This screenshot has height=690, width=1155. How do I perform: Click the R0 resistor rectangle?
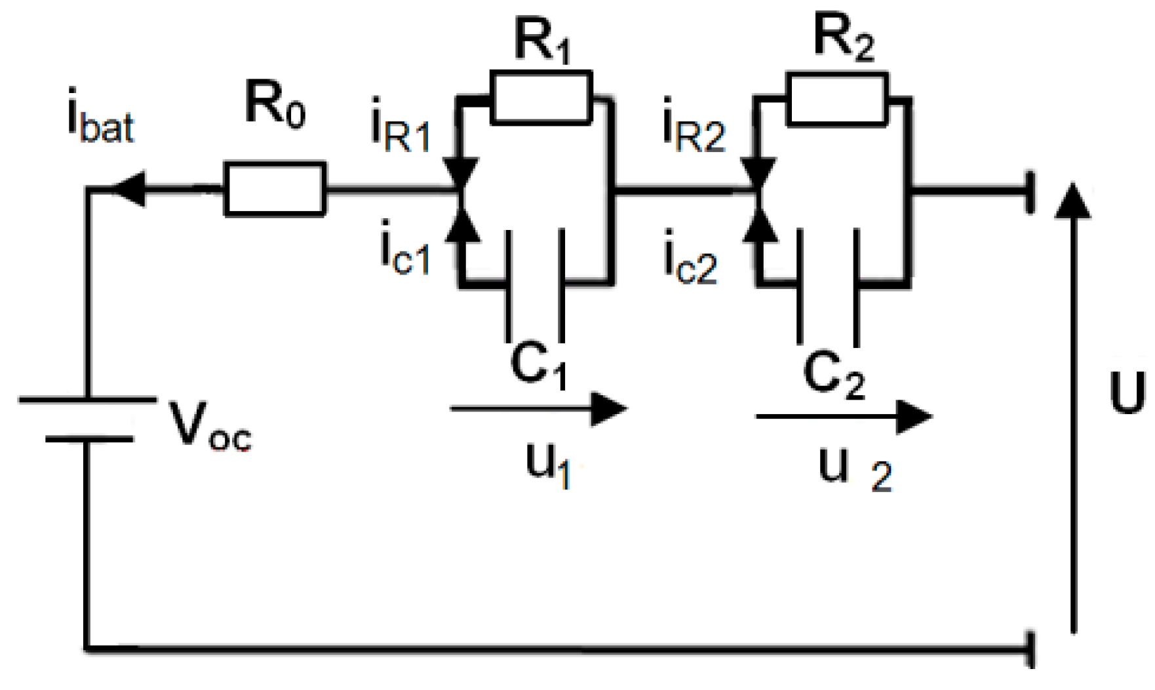(x=275, y=189)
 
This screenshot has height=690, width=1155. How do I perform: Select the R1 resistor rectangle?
(x=541, y=98)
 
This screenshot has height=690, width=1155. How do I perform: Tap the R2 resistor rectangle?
(x=837, y=98)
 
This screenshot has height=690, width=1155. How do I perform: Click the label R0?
(x=275, y=104)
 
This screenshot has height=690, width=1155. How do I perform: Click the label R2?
(x=844, y=39)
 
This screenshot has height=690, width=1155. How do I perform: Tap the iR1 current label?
(x=401, y=130)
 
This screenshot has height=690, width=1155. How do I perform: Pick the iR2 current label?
(x=694, y=131)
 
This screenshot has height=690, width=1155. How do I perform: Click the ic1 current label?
(x=405, y=252)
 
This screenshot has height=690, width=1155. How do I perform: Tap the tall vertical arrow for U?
(x=1073, y=406)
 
